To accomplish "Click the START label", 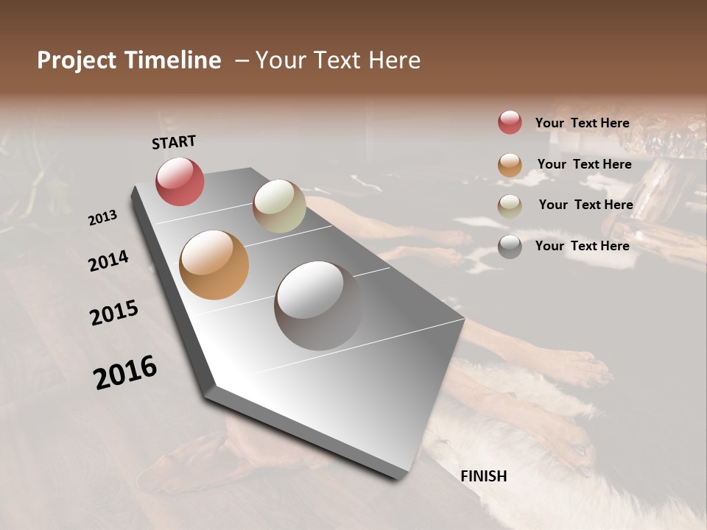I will [174, 141].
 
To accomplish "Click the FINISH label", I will [483, 476].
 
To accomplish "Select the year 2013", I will [102, 218].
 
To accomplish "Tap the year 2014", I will [108, 261].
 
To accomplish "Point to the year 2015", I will [114, 313].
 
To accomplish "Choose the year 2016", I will [125, 372].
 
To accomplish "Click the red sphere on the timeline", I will [180, 181].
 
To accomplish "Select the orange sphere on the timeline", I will [214, 265].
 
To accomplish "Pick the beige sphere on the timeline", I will [279, 206].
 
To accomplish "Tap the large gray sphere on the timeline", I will [319, 305].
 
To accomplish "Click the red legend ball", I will [510, 122].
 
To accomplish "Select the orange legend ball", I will [510, 164].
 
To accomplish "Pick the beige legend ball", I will [510, 205].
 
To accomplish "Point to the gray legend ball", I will [510, 246].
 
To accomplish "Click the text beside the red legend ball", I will [582, 123].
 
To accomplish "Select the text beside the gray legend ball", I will [582, 246].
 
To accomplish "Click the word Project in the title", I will [77, 60].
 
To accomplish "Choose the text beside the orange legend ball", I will [584, 164].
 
